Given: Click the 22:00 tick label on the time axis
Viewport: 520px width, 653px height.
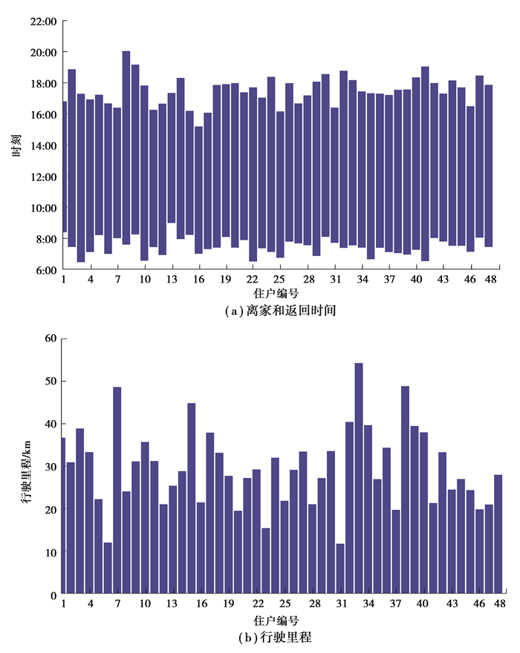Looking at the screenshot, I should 44,22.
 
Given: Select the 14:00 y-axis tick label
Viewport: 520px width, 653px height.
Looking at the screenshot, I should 44,146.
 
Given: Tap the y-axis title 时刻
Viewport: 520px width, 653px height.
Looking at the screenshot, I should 16,146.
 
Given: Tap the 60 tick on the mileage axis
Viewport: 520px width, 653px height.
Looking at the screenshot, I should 51,338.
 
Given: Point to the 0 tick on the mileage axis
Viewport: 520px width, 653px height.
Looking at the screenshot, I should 53,595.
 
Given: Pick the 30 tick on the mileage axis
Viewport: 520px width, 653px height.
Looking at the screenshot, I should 51,467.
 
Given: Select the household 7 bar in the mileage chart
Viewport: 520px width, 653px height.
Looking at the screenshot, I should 117,490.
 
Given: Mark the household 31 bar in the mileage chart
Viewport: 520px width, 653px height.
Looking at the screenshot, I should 340,569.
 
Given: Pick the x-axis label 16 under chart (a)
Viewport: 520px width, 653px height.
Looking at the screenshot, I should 199,280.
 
